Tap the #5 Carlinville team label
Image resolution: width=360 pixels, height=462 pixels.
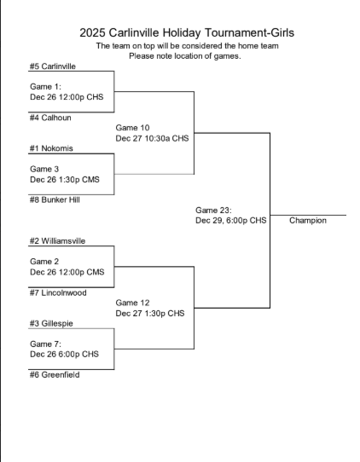click(x=53, y=66)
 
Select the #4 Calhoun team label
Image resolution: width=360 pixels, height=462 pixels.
click(x=49, y=118)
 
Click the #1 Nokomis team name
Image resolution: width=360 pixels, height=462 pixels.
click(x=51, y=148)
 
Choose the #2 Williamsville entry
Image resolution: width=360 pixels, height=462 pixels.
click(x=58, y=241)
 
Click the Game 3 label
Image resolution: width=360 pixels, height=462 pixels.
click(x=44, y=169)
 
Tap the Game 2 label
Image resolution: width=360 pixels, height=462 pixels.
click(x=44, y=262)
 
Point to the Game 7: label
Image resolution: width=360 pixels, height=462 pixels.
click(x=44, y=344)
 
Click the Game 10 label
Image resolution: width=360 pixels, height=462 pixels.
click(x=132, y=128)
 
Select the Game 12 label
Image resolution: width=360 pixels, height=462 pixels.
click(x=132, y=303)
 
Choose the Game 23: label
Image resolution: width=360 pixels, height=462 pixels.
click(x=213, y=210)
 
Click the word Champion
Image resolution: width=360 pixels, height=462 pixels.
click(x=308, y=220)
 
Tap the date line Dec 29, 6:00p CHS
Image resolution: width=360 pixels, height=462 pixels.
click(x=231, y=220)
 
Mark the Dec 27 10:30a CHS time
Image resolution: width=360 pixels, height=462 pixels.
click(x=152, y=138)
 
